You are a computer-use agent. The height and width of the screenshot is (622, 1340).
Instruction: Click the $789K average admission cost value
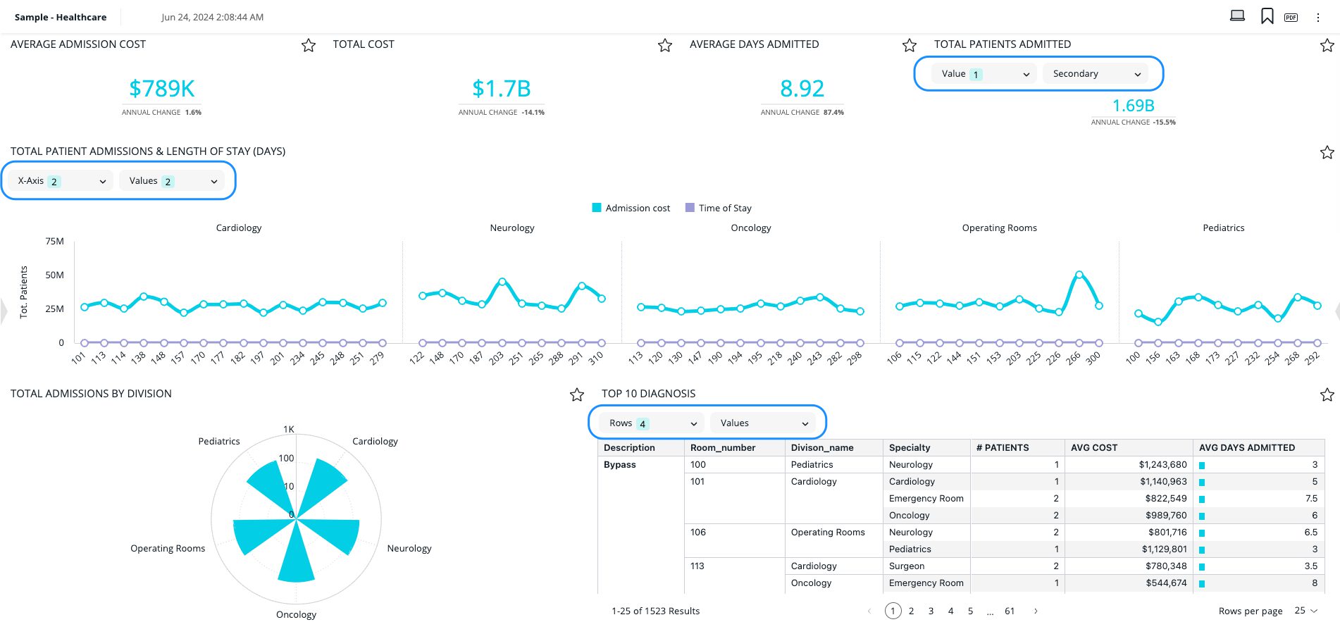[x=161, y=89]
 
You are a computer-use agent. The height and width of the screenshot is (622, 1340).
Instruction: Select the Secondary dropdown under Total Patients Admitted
[x=1095, y=74]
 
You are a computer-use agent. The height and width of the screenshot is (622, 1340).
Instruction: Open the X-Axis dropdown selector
[x=61, y=181]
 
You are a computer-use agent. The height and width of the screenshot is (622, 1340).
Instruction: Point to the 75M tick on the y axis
[x=54, y=241]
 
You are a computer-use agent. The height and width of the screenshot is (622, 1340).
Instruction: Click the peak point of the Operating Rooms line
[x=1079, y=275]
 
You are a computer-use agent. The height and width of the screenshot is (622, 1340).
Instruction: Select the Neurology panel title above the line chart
[x=511, y=228]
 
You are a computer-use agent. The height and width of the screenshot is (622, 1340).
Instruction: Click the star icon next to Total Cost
[x=664, y=46]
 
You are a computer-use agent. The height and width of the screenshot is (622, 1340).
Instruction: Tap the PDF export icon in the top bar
[x=1291, y=17]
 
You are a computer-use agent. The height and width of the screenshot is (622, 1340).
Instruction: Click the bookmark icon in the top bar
[x=1267, y=16]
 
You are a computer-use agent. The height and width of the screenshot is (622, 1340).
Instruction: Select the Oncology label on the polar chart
[x=296, y=614]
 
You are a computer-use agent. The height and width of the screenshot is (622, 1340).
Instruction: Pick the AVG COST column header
[x=1093, y=447]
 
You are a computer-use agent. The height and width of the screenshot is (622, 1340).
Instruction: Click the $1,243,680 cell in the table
[x=1162, y=464]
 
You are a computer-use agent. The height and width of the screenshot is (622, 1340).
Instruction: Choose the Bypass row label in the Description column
[x=619, y=464]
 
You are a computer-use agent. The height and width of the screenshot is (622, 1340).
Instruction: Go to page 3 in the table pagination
[x=931, y=611]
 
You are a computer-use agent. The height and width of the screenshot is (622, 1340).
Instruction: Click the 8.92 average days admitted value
[x=801, y=89]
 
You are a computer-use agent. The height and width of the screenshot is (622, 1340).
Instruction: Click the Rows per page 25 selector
[x=1305, y=611]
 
